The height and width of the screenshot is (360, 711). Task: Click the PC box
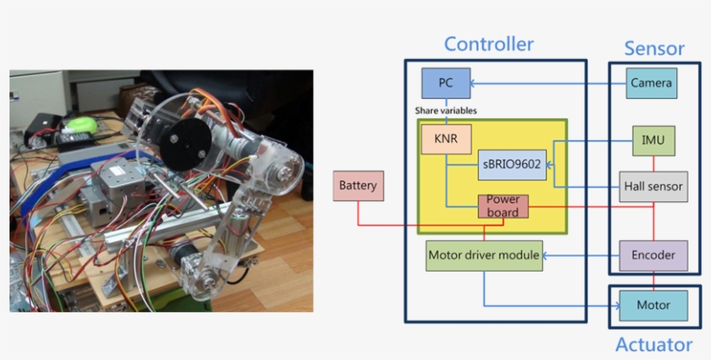pos(445,83)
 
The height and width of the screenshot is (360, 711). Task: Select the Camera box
pos(651,83)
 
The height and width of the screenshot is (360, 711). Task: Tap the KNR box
pos(446,138)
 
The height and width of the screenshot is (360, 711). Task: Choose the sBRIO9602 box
pos(512,164)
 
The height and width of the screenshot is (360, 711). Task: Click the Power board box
pos(503,206)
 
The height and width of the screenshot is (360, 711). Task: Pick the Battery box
pos(357,186)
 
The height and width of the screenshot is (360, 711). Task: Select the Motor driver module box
pos(484,255)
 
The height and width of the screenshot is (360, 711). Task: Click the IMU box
pos(653,140)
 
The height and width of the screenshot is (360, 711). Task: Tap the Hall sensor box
pos(654,185)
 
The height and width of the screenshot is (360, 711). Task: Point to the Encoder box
pos(653,255)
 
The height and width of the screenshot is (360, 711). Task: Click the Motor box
pos(653,305)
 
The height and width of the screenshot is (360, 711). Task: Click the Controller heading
pos(489,43)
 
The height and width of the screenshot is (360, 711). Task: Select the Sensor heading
pos(655,49)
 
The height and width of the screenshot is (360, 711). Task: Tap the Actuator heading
pos(654,344)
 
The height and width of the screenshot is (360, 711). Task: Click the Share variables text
pos(446,111)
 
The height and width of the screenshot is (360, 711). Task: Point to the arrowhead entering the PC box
pos(473,84)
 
